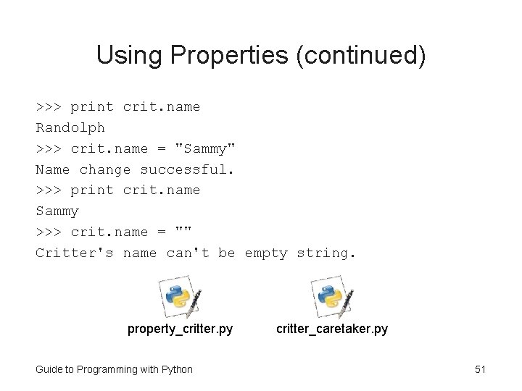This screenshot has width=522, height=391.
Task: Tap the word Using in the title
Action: click(x=123, y=56)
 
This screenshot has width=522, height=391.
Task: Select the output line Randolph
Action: click(x=70, y=127)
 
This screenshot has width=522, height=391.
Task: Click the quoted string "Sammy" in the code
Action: click(x=206, y=148)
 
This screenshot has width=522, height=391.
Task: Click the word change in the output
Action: click(x=105, y=169)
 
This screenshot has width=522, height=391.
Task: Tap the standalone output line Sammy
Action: click(x=57, y=211)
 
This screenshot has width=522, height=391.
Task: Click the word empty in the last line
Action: click(x=266, y=253)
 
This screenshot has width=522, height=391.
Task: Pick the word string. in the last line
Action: click(x=327, y=253)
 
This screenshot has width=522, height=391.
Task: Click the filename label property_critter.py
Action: click(x=181, y=329)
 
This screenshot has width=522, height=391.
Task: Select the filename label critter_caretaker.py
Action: click(x=331, y=329)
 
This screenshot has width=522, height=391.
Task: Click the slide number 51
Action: click(x=480, y=369)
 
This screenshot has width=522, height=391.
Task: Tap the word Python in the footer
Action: click(x=177, y=369)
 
